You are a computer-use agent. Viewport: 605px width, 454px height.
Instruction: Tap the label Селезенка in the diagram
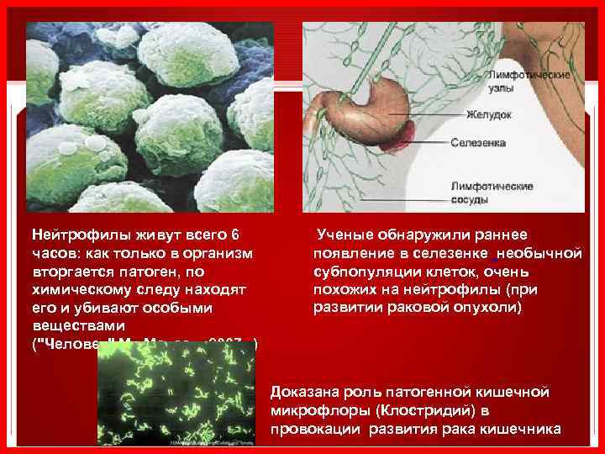click(x=478, y=143)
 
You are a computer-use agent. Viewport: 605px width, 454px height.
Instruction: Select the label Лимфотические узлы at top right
click(x=529, y=82)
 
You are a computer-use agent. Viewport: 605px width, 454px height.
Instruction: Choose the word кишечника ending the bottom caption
click(x=526, y=430)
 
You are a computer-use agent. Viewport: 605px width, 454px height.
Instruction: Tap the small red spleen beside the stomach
click(x=397, y=135)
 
